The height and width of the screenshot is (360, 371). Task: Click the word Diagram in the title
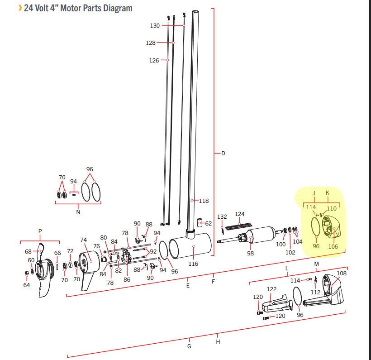click(118, 9)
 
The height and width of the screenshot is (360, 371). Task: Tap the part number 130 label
click(155, 25)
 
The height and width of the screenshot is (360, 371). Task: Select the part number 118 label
click(204, 201)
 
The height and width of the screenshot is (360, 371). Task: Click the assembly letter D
click(223, 154)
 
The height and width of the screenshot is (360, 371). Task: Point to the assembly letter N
click(78, 212)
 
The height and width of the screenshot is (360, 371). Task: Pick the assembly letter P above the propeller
click(40, 231)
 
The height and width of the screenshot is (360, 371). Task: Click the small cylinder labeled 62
click(200, 223)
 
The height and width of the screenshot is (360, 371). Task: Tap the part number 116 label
click(193, 264)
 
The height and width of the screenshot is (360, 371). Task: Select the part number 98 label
click(250, 254)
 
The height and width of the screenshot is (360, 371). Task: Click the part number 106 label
click(333, 246)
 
